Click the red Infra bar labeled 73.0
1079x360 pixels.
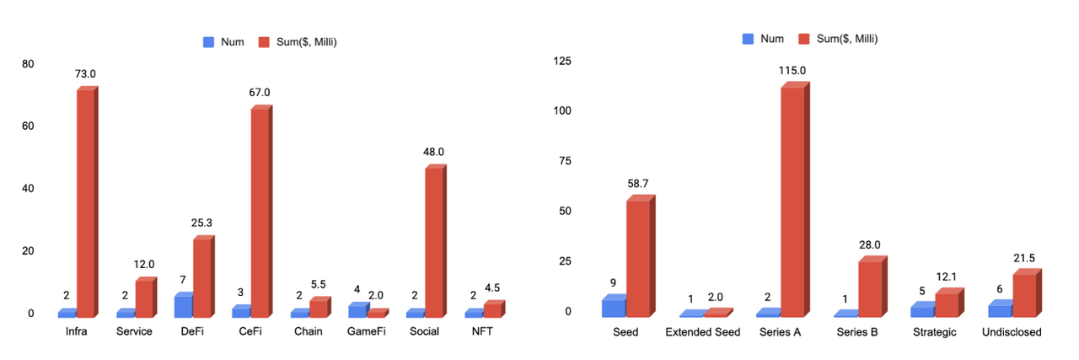point(85,202)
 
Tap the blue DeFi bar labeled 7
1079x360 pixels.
point(182,306)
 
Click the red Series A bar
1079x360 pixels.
point(793,202)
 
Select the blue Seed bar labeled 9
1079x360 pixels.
point(613,307)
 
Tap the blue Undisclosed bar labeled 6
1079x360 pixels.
point(1000,309)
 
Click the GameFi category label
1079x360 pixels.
point(367,331)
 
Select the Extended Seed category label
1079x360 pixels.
point(702,332)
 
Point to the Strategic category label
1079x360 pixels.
point(934,332)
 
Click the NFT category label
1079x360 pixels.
point(482,331)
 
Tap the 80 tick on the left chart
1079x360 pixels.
point(29,64)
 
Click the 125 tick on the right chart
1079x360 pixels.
point(561,62)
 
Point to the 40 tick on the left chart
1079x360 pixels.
point(29,189)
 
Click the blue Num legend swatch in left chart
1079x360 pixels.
point(210,41)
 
